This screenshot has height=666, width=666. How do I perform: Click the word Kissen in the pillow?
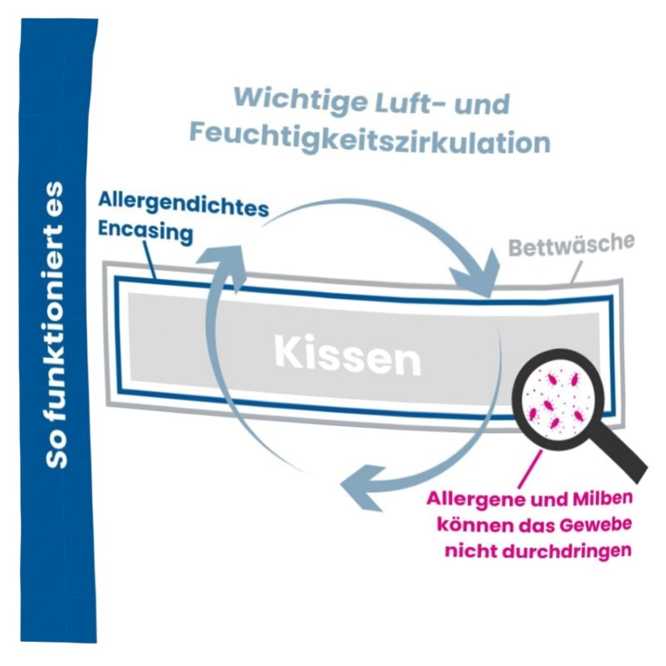coord(348,356)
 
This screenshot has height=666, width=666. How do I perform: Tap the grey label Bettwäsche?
coord(571,246)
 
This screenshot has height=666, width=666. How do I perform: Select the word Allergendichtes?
coord(183,206)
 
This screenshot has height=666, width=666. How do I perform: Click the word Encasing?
coord(146,233)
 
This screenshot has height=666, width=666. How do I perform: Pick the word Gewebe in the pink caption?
coord(592,525)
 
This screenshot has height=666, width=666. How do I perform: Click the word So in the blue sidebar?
coord(57,449)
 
